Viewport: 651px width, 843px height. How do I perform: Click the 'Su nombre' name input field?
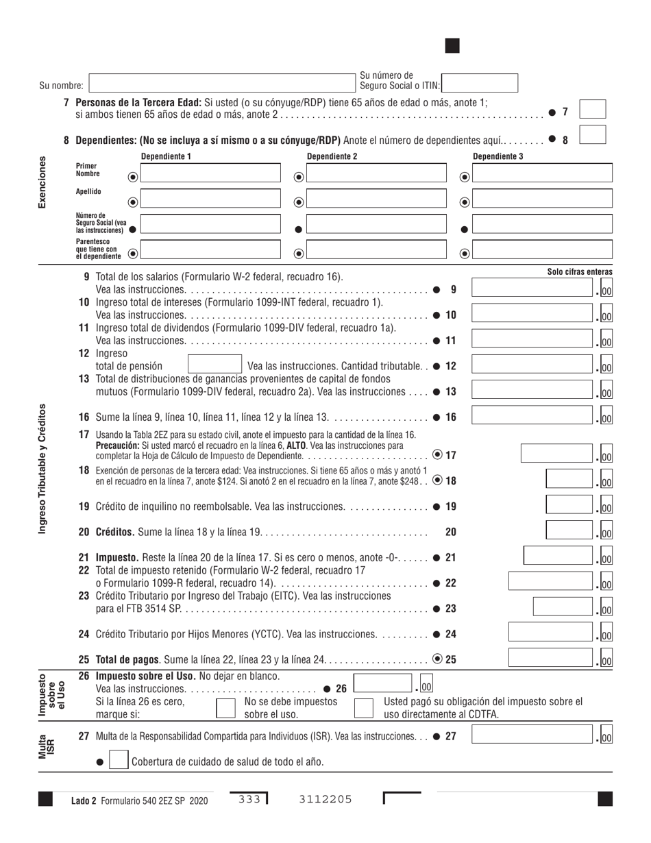[223, 84]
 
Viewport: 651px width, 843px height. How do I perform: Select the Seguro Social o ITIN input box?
[480, 83]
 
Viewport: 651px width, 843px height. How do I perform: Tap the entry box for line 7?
[592, 110]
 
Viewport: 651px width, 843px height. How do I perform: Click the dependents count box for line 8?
[592, 134]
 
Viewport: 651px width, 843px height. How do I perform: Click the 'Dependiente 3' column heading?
[498, 157]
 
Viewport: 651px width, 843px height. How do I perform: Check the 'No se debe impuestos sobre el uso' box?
[226, 708]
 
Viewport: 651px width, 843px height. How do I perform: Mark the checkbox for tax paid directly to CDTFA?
[364, 708]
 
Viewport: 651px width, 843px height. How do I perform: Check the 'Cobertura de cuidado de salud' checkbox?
[118, 761]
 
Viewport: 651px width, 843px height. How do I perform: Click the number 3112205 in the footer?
[325, 798]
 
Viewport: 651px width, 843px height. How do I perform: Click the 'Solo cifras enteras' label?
[580, 272]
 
